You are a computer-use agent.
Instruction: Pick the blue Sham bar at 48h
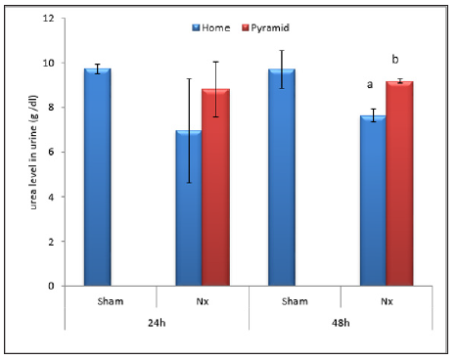pyautogui.click(x=281, y=177)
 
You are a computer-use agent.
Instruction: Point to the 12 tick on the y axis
pyautogui.click(x=49, y=19)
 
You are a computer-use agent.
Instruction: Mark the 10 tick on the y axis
pyautogui.click(x=49, y=63)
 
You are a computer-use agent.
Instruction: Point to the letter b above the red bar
pyautogui.click(x=394, y=60)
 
